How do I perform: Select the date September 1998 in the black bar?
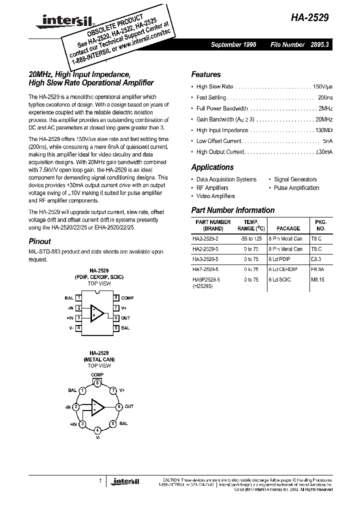click(233, 44)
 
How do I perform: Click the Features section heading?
click(205, 74)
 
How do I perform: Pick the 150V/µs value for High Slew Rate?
click(322, 86)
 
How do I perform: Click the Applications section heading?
click(212, 167)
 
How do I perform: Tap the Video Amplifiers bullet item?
click(215, 196)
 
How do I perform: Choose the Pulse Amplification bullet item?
click(296, 188)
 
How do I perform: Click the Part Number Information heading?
click(233, 210)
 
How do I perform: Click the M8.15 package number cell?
click(318, 280)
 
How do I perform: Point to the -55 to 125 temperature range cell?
click(250, 239)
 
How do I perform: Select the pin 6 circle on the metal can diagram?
click(119, 406)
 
